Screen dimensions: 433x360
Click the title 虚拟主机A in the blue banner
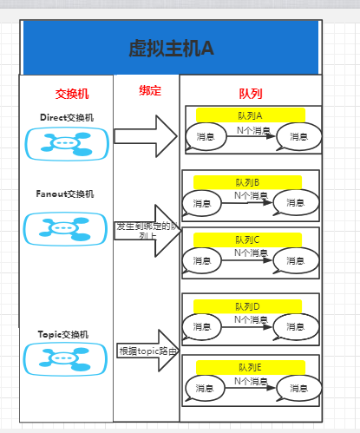pyautogui.click(x=171, y=49)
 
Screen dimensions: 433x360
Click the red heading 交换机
pyautogui.click(x=71, y=93)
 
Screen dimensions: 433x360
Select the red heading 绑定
pyautogui.click(x=149, y=90)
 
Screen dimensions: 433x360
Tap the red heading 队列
pyautogui.click(x=251, y=93)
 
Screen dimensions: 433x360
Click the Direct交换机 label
pyautogui.click(x=67, y=117)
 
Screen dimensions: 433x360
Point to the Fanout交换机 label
pyautogui.click(x=65, y=194)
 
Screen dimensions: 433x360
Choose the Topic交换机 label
pyautogui.click(x=63, y=334)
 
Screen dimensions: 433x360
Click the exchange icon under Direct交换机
pyautogui.click(x=67, y=143)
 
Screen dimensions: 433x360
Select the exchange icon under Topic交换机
pyautogui.click(x=67, y=358)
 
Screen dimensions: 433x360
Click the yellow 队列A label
pyautogui.click(x=250, y=115)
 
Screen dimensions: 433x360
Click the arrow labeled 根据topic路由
pyautogui.click(x=147, y=351)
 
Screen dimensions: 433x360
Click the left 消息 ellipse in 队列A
pyautogui.click(x=206, y=136)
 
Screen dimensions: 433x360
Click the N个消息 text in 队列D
pyautogui.click(x=250, y=319)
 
